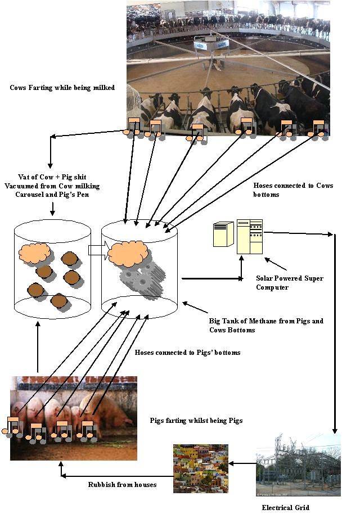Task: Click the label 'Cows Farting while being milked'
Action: (x=62, y=88)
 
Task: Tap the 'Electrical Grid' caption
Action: (x=285, y=507)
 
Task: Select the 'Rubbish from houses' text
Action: (x=122, y=485)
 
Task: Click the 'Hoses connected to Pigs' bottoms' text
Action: (x=187, y=353)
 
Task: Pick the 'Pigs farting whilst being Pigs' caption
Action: (x=196, y=421)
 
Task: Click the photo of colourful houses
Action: (x=201, y=468)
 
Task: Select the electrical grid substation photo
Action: (x=298, y=465)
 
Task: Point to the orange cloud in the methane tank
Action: (x=128, y=254)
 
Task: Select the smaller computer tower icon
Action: (x=224, y=234)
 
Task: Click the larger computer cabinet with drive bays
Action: (x=250, y=237)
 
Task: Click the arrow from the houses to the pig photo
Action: (x=117, y=476)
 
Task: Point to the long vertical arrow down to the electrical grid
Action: (x=335, y=333)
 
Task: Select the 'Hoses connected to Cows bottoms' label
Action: (x=293, y=190)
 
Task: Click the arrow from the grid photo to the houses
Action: (x=242, y=463)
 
